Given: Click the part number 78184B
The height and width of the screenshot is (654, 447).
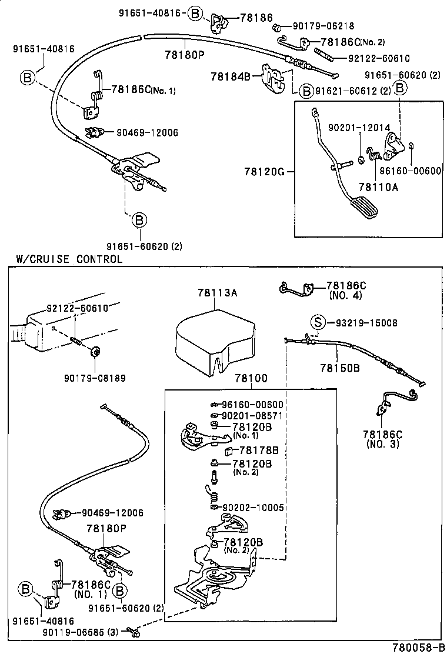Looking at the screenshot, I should click(x=231, y=76).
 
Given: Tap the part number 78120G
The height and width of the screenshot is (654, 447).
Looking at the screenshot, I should click(x=265, y=172).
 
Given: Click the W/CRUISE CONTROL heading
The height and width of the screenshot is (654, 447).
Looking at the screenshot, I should click(x=69, y=259).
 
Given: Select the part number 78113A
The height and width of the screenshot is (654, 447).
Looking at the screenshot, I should click(x=218, y=292).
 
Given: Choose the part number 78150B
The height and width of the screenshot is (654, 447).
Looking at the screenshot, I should click(x=340, y=368).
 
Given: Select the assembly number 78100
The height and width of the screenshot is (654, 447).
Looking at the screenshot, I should click(x=251, y=378).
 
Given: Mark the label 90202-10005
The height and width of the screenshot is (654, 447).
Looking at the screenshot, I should click(x=255, y=507).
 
